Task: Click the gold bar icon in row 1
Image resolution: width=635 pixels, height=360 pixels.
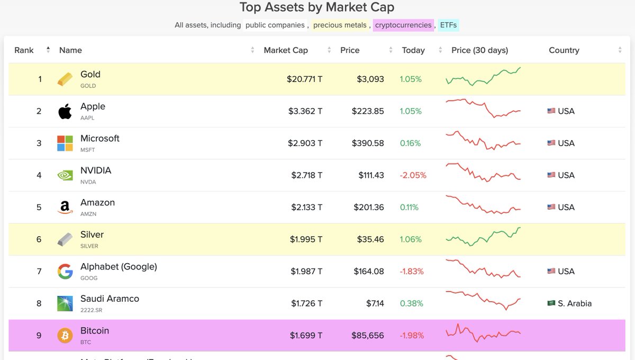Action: tap(65, 79)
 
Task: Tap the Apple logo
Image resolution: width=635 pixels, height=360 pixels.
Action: tap(65, 112)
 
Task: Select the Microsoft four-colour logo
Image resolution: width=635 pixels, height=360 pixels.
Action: tap(65, 143)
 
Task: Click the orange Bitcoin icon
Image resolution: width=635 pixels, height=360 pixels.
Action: tap(65, 336)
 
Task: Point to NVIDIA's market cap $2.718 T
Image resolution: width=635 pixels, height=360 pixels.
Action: tap(306, 175)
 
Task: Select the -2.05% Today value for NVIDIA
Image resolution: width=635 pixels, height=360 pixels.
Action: tap(413, 175)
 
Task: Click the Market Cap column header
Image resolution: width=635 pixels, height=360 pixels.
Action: tap(286, 50)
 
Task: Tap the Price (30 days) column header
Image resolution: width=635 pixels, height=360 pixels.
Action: tap(479, 50)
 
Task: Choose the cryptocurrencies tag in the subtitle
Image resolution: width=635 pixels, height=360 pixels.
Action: tap(403, 25)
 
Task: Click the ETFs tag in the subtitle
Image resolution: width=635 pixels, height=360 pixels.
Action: tap(448, 25)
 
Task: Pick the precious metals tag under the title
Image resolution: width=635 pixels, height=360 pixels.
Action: tap(339, 25)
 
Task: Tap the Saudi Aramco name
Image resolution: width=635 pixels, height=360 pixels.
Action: tap(110, 299)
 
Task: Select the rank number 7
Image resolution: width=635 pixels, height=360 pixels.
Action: tap(39, 272)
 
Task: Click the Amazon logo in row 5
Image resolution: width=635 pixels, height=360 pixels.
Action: tap(65, 208)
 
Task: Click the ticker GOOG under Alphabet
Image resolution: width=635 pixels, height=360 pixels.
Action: tap(89, 278)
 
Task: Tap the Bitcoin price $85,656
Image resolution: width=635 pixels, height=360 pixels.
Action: tap(368, 336)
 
